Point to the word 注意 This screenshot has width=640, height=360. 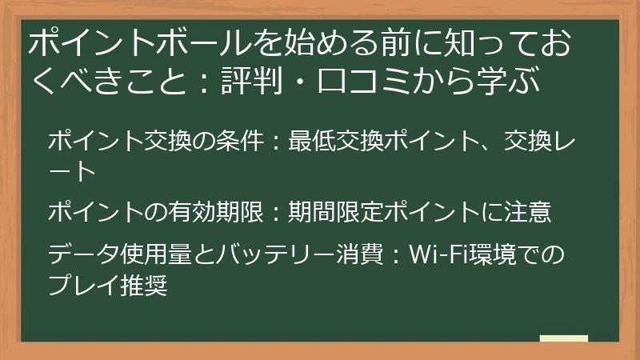click(527, 212)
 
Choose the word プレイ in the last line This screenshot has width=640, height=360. click(79, 284)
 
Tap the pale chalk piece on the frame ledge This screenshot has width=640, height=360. click(563, 339)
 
